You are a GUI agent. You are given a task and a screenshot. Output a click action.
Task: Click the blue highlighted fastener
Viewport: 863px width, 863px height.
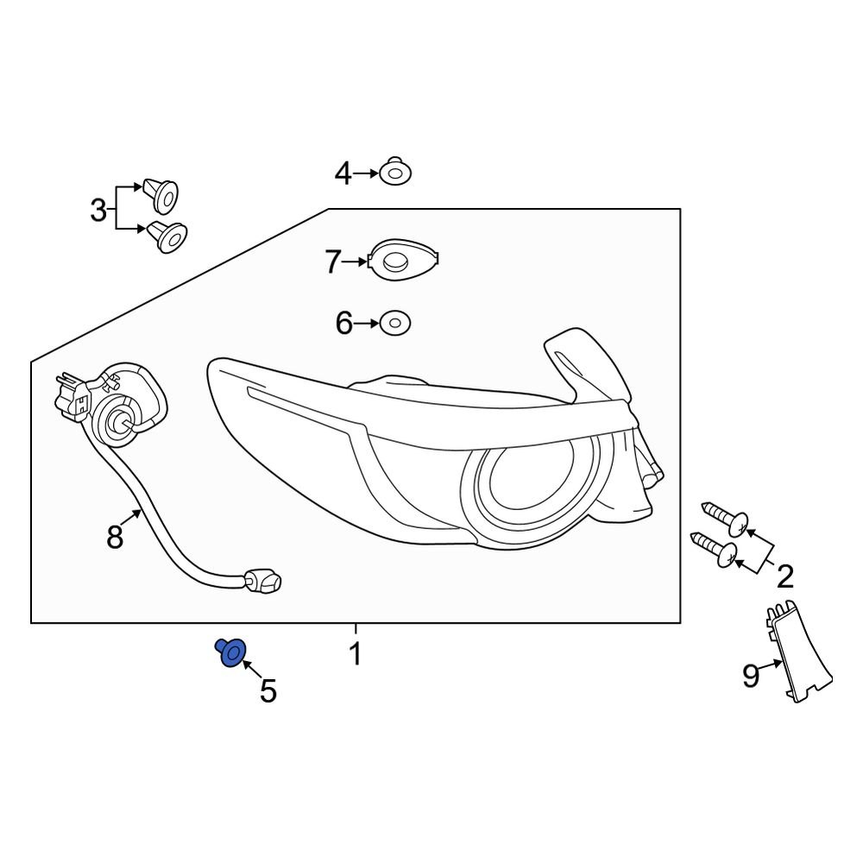(x=231, y=653)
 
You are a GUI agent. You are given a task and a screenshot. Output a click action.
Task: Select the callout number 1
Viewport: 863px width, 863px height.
(x=355, y=654)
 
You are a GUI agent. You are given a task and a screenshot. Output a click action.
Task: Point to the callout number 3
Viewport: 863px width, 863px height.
(x=98, y=209)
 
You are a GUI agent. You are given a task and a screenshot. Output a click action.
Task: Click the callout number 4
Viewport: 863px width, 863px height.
(x=343, y=174)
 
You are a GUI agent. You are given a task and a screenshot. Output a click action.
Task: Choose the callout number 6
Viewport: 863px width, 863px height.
(x=343, y=324)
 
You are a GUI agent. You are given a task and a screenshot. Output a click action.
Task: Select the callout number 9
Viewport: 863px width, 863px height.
(x=751, y=676)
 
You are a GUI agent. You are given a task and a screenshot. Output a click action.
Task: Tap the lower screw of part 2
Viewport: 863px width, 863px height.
(x=715, y=550)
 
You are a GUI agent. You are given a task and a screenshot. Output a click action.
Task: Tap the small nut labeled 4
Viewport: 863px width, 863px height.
(x=394, y=173)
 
